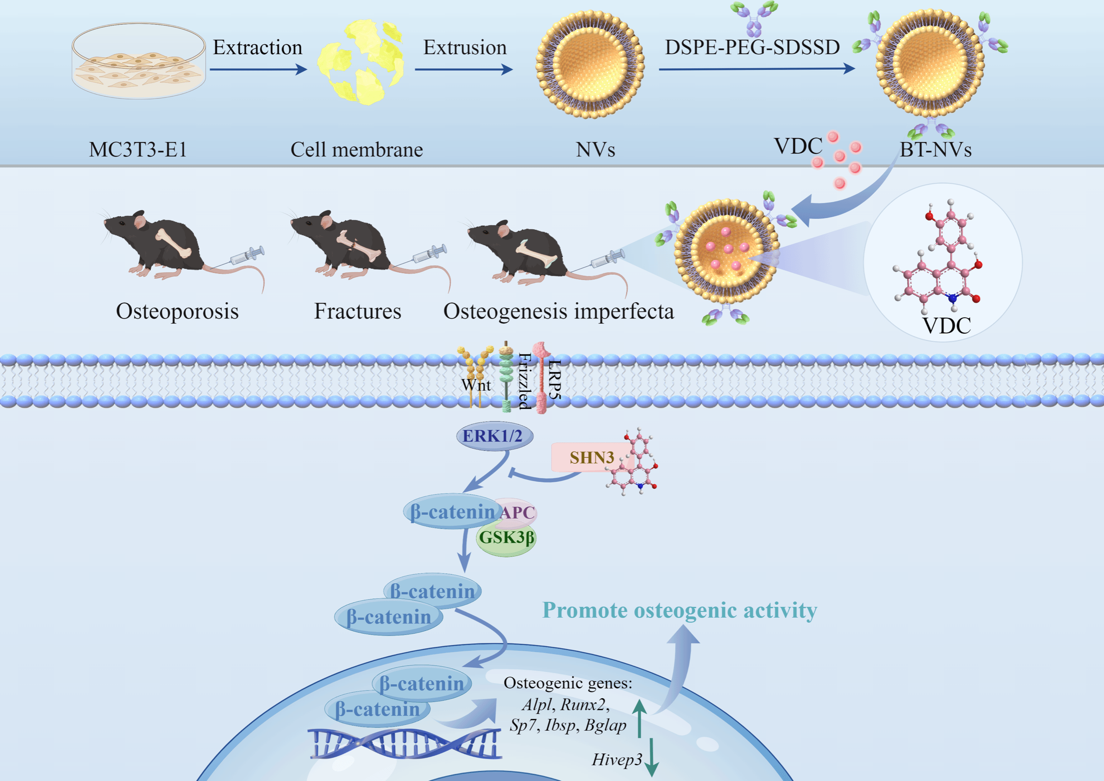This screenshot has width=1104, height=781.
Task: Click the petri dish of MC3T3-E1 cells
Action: (139, 62)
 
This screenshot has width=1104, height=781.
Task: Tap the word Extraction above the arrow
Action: (257, 48)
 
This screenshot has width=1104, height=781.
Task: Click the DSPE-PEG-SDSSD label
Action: (752, 48)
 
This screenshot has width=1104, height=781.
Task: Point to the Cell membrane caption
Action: (356, 150)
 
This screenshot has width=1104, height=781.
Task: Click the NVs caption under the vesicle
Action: (595, 150)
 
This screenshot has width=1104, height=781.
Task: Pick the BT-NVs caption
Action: (935, 150)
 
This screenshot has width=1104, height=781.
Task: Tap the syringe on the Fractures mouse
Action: (429, 254)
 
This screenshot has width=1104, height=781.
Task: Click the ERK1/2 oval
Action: (494, 436)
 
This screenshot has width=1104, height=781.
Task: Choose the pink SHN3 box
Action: (591, 457)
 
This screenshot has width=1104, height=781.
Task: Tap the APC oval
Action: (517, 512)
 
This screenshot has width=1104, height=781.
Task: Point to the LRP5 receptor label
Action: (554, 380)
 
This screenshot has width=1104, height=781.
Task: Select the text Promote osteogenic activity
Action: (679, 610)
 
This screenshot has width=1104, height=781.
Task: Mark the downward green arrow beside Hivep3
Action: (652, 757)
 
